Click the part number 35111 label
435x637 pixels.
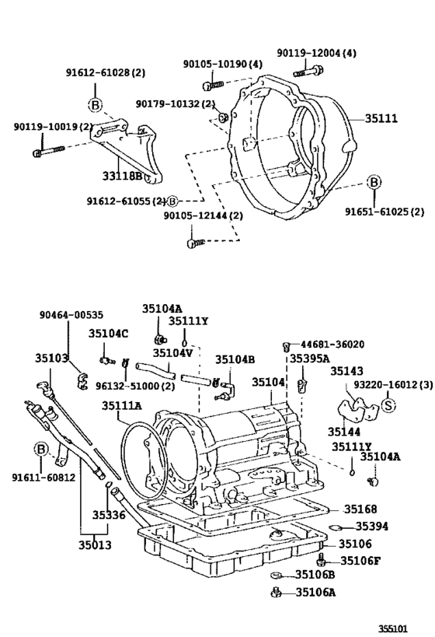point(381,119)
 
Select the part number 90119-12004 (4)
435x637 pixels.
point(317,53)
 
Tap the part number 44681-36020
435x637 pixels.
point(332,344)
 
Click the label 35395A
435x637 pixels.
point(309,359)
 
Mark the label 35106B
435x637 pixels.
point(315,575)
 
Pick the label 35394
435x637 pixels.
point(372,527)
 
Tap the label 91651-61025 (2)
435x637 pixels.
point(385,211)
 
